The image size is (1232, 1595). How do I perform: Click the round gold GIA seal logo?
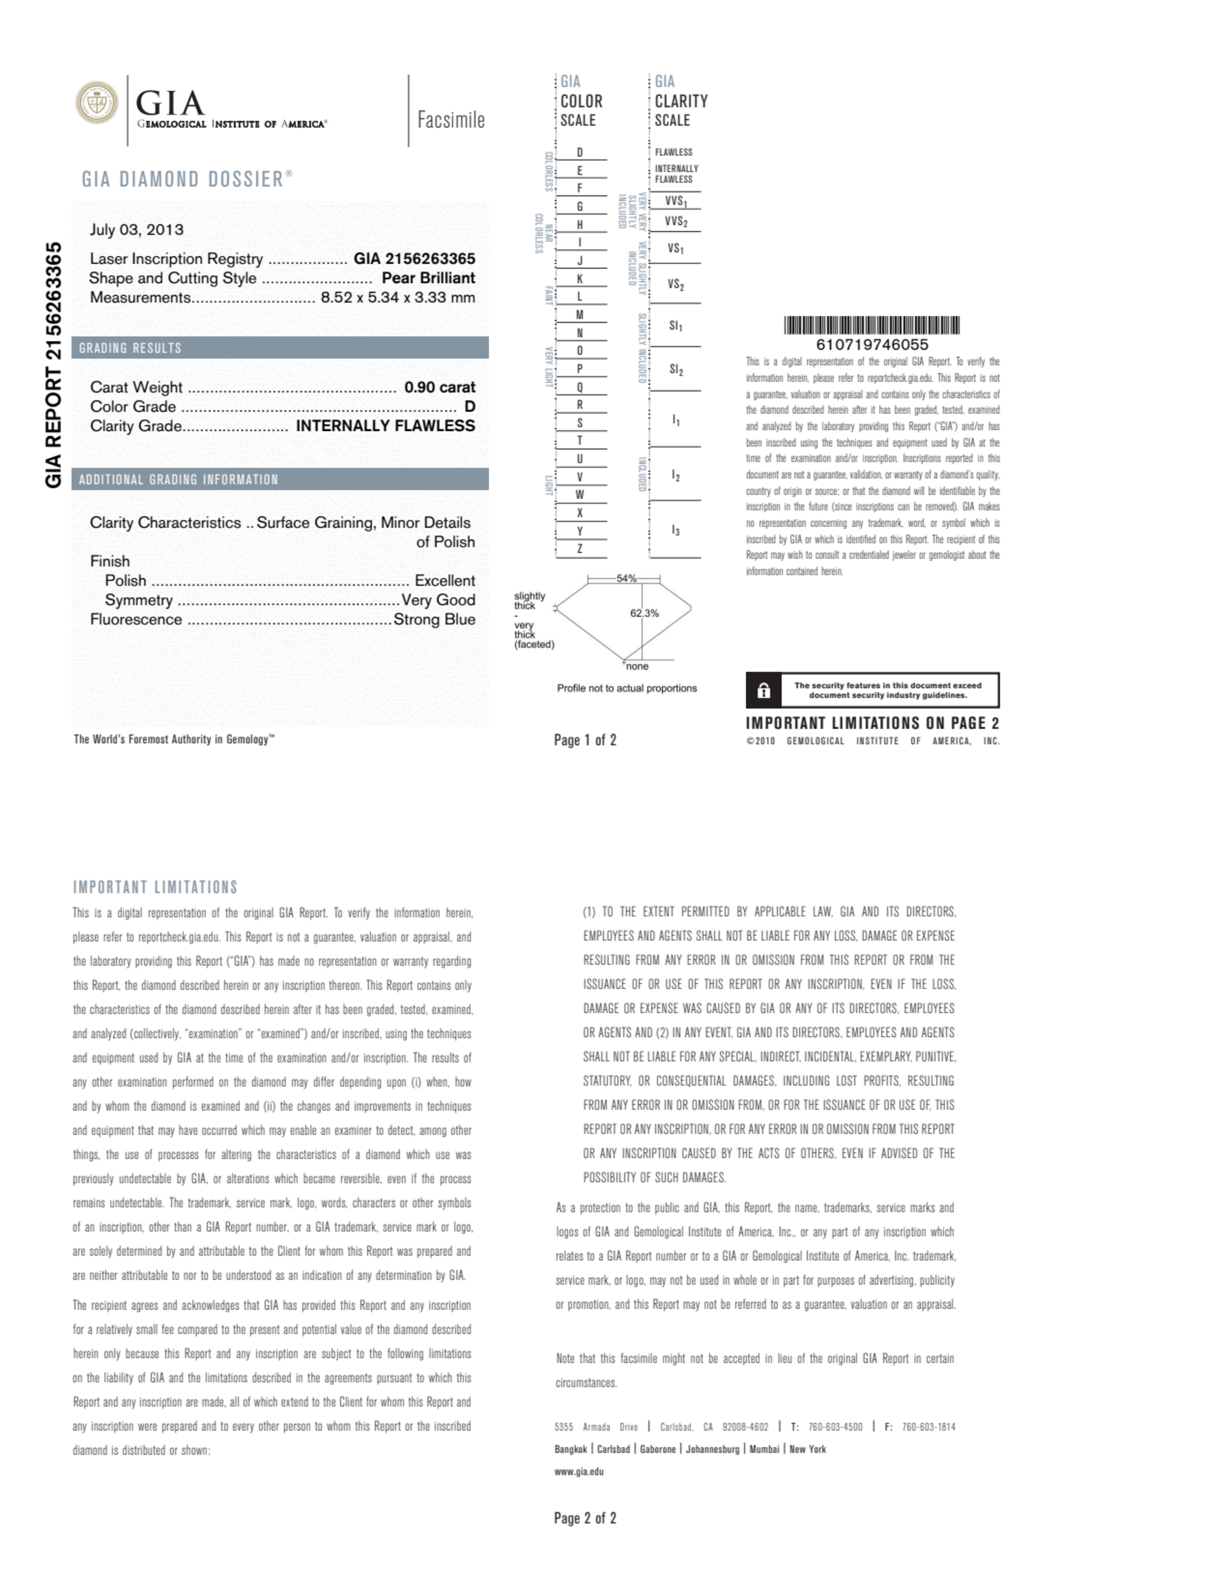coord(97,103)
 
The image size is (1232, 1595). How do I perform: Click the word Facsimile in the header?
coord(451,119)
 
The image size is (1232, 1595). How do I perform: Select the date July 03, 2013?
coord(137,229)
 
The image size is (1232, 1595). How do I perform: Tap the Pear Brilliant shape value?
coord(428,278)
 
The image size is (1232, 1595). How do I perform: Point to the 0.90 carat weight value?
coord(440,387)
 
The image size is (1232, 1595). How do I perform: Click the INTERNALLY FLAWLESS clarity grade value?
coord(385,426)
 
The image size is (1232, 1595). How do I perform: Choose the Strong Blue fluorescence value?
coord(434,620)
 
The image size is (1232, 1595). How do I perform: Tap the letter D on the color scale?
coord(580,153)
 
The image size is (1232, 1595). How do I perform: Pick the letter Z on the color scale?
coord(580,549)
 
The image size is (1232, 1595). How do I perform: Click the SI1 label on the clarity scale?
coord(675,326)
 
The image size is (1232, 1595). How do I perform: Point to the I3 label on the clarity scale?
coord(675,530)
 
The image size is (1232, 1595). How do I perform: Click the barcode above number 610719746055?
coord(871,325)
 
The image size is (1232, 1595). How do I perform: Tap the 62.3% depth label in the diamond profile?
coord(644,613)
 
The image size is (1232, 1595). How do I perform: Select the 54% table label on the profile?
coord(626,578)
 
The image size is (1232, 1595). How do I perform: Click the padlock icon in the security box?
coord(763,690)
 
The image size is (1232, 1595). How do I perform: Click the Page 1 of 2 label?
coord(585,740)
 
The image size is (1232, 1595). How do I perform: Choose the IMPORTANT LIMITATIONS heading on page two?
coord(155,887)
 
